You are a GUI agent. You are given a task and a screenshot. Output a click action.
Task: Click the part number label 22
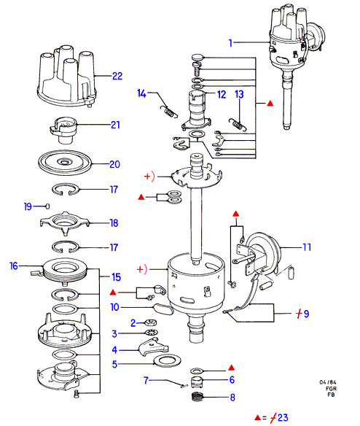click(x=117, y=76)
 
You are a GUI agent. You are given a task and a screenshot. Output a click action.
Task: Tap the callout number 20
click(x=115, y=164)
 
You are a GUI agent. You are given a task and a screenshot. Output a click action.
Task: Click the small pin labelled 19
click(x=47, y=206)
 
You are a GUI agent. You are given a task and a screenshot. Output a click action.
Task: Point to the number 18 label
click(x=114, y=223)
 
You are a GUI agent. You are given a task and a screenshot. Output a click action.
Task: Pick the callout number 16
click(x=14, y=266)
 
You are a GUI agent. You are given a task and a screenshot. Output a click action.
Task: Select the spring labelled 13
click(x=238, y=125)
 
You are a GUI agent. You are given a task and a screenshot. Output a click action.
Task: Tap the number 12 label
click(x=222, y=94)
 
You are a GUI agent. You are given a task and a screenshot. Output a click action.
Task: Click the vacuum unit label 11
click(x=307, y=247)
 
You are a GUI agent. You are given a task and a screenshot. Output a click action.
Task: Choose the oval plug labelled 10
click(x=163, y=309)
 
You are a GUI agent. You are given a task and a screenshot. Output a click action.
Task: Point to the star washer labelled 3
click(x=152, y=333)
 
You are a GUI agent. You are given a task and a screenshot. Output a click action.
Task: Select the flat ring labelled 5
click(x=167, y=361)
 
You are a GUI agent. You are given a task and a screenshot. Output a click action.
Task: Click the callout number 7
click(x=146, y=380)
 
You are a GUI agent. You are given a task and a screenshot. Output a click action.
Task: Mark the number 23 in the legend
click(x=283, y=417)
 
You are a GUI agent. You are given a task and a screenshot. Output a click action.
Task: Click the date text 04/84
click(x=328, y=382)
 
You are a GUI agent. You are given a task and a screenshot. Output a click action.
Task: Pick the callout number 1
click(x=230, y=43)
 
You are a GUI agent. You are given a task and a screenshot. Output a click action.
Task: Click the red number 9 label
click(x=306, y=314)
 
